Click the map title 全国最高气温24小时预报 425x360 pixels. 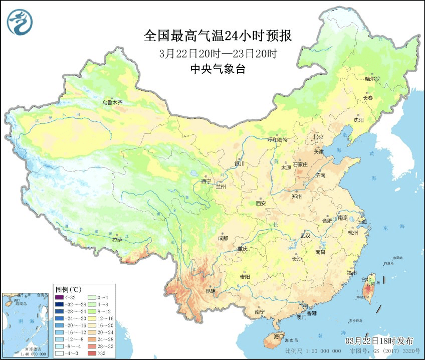tap(218, 36)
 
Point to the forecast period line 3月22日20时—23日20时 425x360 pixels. tap(218, 54)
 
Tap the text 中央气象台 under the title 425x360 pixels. tap(218, 70)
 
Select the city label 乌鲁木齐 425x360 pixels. tap(112, 102)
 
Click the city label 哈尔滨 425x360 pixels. tap(372, 79)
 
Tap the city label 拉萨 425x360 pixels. tap(117, 240)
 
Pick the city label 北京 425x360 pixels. tap(319, 137)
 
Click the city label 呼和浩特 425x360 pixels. tap(278, 140)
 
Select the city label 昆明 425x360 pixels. tap(209, 291)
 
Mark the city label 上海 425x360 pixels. tap(361, 222)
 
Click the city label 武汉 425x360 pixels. tap(305, 235)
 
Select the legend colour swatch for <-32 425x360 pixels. tap(59, 298)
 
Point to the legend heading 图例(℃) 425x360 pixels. tap(68, 290)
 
